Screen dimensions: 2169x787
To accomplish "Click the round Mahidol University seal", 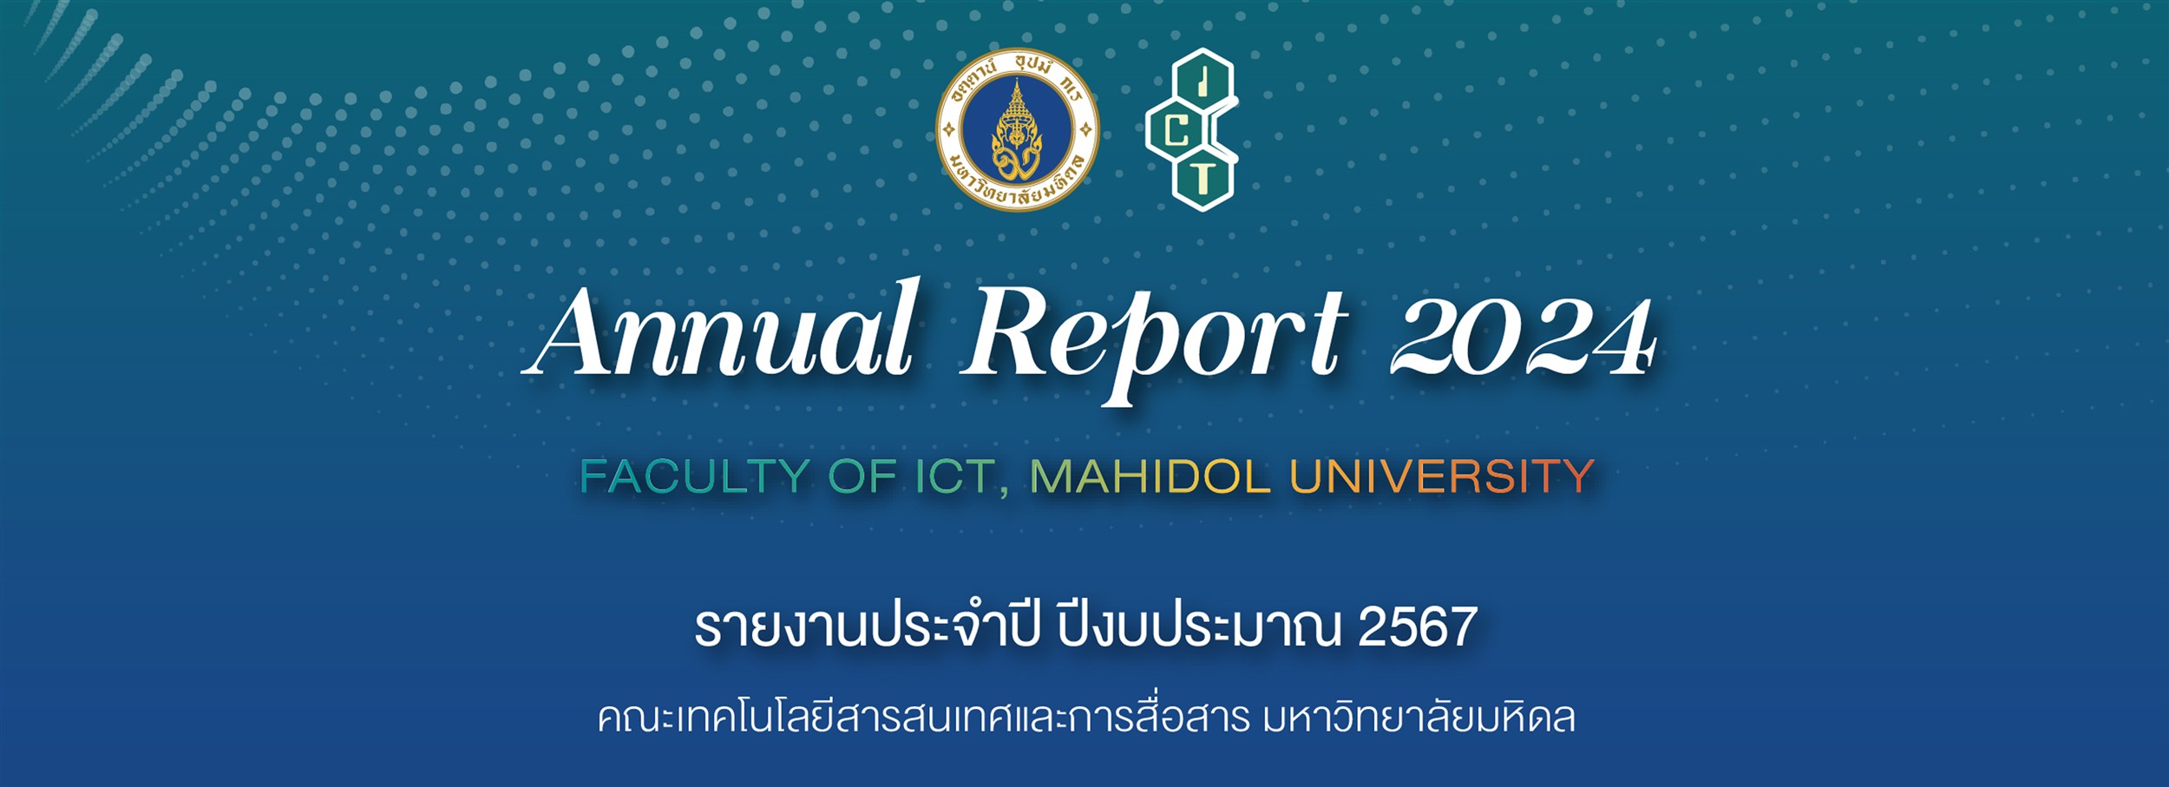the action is point(1018,130).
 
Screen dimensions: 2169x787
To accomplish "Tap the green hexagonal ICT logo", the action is point(1191,130).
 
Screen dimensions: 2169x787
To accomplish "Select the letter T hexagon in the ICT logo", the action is point(1202,180).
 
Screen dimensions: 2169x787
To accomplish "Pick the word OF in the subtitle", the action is point(862,476).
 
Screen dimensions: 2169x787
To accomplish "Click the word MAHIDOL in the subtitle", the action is point(1150,476).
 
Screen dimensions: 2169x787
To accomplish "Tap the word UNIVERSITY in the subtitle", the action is point(1441,476).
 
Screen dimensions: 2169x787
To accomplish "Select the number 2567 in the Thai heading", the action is point(1417,627).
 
